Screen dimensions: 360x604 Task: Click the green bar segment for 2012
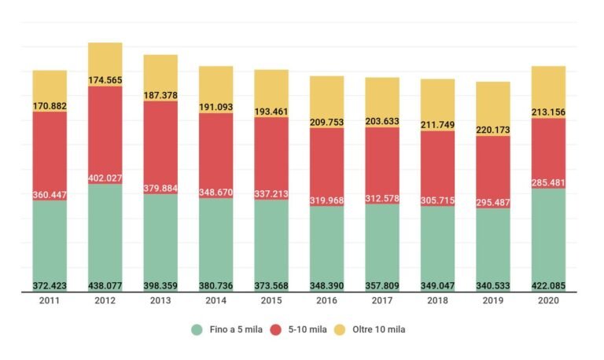click(105, 236)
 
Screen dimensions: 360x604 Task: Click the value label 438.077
click(105, 285)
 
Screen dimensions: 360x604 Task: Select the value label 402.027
click(105, 178)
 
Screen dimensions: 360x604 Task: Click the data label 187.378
click(160, 94)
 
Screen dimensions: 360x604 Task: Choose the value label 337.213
click(271, 193)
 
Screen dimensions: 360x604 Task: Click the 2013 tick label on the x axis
click(160, 302)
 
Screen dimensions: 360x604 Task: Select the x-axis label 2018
click(437, 302)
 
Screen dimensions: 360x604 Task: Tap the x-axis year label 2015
click(271, 302)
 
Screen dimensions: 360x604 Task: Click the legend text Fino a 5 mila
click(236, 330)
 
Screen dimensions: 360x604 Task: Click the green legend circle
click(197, 330)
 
